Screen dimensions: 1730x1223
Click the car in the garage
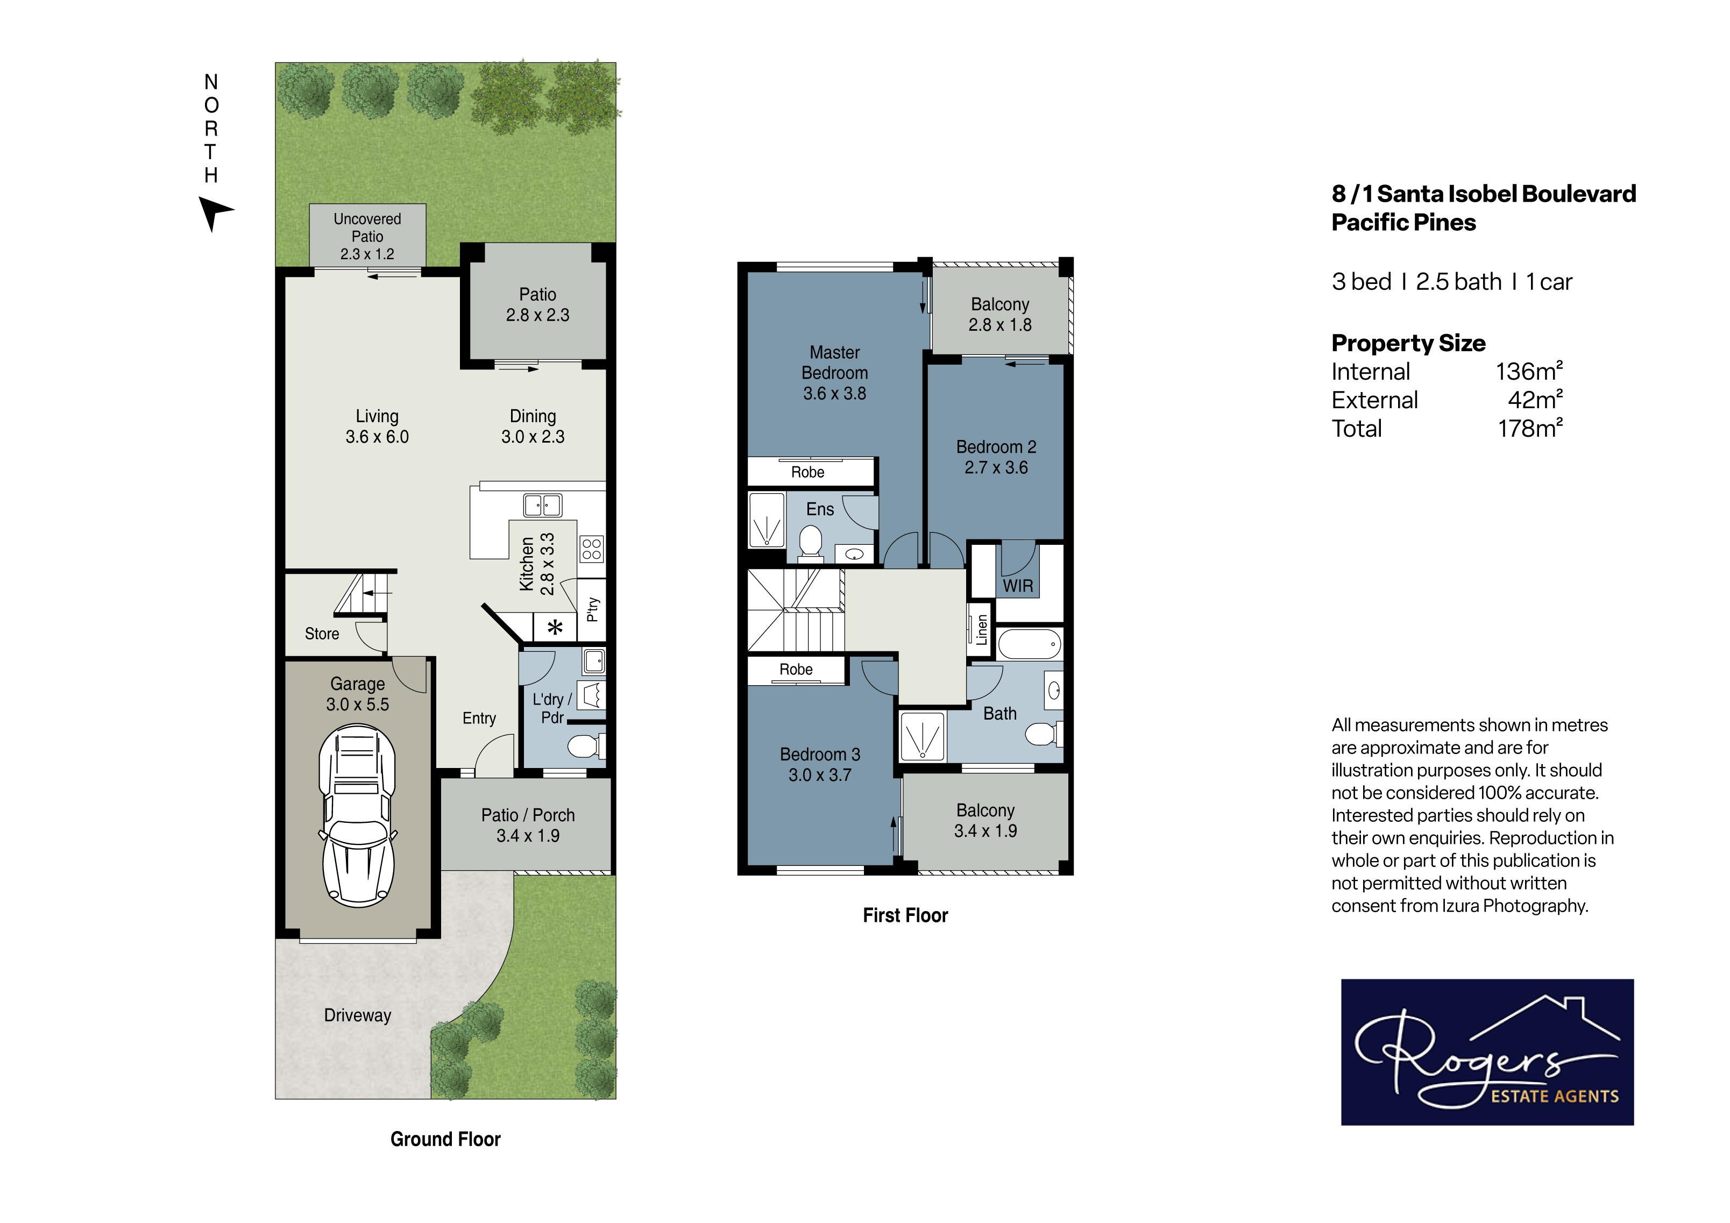(x=358, y=815)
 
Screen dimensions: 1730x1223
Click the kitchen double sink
(x=543, y=505)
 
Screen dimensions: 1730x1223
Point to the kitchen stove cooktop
(x=592, y=549)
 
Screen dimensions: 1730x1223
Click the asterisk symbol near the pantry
(x=555, y=628)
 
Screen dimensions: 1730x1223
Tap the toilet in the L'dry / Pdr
(x=585, y=746)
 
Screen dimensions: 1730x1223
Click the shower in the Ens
(x=767, y=520)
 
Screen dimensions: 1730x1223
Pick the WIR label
(x=1018, y=586)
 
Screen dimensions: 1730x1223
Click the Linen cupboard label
(x=981, y=630)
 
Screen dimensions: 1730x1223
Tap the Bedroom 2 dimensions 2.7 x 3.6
(x=996, y=467)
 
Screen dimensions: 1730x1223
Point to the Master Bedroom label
(x=835, y=362)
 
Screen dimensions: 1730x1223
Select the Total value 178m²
(x=1530, y=428)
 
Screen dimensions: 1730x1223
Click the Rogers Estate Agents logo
(x=1487, y=1052)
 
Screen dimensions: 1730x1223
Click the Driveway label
(x=358, y=1015)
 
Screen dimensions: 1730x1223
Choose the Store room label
(x=322, y=634)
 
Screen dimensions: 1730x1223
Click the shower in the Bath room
(x=922, y=736)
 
